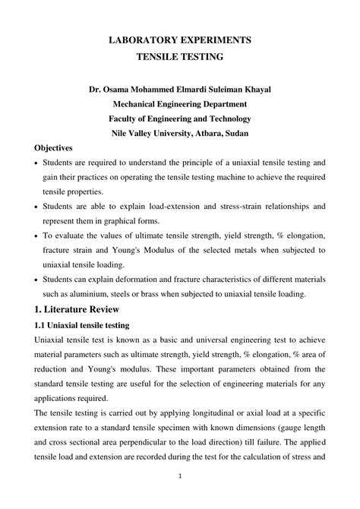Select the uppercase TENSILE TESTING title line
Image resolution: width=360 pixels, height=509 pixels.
tap(180, 56)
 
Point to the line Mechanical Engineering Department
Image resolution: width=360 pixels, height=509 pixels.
tap(180, 104)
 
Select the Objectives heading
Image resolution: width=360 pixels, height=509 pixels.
tap(54, 148)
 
